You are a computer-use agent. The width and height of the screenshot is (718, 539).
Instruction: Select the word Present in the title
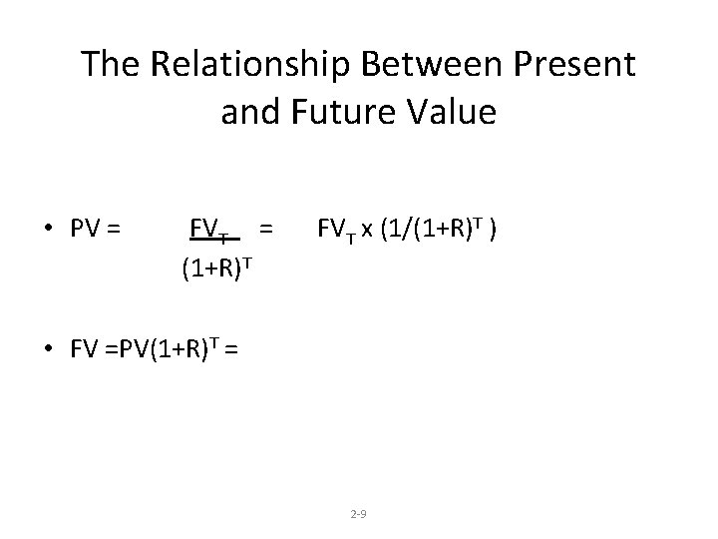coord(577,65)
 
